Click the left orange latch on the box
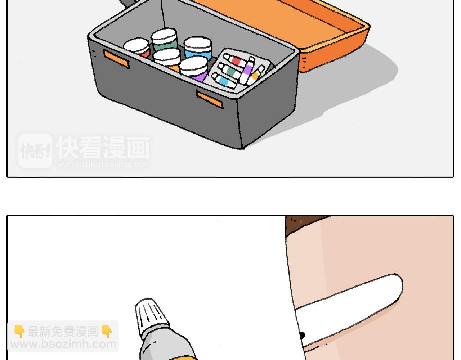(116, 59)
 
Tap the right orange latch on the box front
(210, 100)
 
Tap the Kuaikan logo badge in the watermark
(35, 150)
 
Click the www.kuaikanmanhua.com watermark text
(103, 165)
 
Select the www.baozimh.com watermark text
(63, 344)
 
